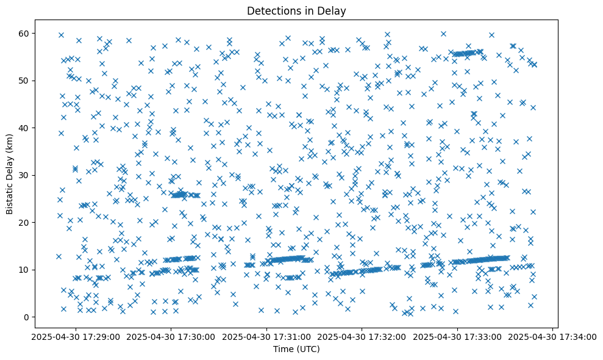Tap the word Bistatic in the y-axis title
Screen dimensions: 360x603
[10, 197]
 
